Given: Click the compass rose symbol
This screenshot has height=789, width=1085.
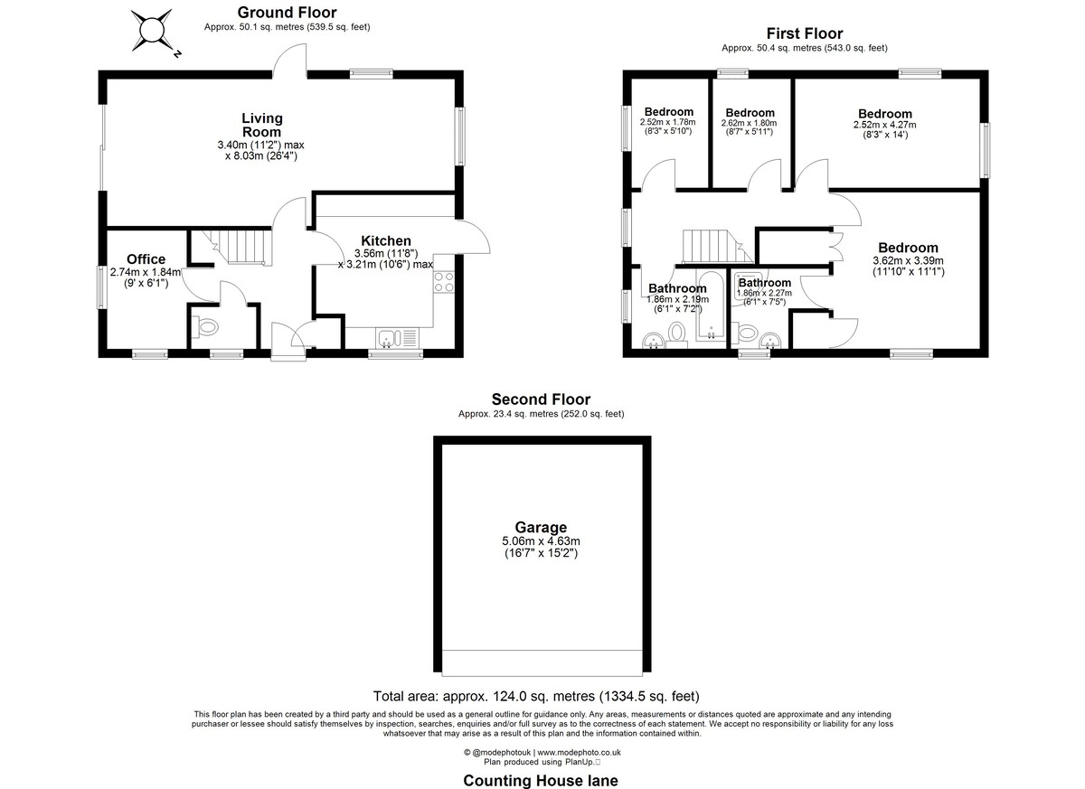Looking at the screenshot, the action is pyautogui.click(x=153, y=32).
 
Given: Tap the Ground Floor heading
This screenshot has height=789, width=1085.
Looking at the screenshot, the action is pyautogui.click(x=287, y=12).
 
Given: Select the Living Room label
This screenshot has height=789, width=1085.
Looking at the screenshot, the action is pyautogui.click(x=261, y=125).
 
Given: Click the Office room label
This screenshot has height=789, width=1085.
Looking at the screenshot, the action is pyautogui.click(x=146, y=259).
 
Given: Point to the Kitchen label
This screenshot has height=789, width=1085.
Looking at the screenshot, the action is pyautogui.click(x=385, y=240).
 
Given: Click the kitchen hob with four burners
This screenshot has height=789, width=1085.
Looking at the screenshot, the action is pyautogui.click(x=444, y=282).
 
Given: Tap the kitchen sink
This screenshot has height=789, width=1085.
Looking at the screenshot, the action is pyautogui.click(x=397, y=338).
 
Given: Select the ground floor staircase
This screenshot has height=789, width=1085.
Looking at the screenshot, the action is pyautogui.click(x=237, y=248).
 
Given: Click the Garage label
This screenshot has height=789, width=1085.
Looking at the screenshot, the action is pyautogui.click(x=541, y=527).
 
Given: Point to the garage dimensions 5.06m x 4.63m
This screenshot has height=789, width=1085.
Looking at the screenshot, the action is pyautogui.click(x=541, y=540).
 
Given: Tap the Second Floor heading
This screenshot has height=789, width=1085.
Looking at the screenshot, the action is pyautogui.click(x=541, y=399).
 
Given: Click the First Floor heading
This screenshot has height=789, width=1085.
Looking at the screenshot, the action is pyautogui.click(x=805, y=33).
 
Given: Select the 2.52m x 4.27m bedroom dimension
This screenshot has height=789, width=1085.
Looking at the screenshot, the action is pyautogui.click(x=884, y=125).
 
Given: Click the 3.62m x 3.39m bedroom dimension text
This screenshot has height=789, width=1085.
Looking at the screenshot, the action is pyautogui.click(x=908, y=260).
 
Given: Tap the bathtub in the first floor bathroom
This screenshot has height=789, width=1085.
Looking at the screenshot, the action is pyautogui.click(x=711, y=305).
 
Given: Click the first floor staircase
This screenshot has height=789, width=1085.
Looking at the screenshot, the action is pyautogui.click(x=718, y=247).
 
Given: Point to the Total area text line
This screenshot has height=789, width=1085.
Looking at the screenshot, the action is pyautogui.click(x=536, y=696).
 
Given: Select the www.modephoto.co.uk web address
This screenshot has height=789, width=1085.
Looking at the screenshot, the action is pyautogui.click(x=579, y=752).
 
